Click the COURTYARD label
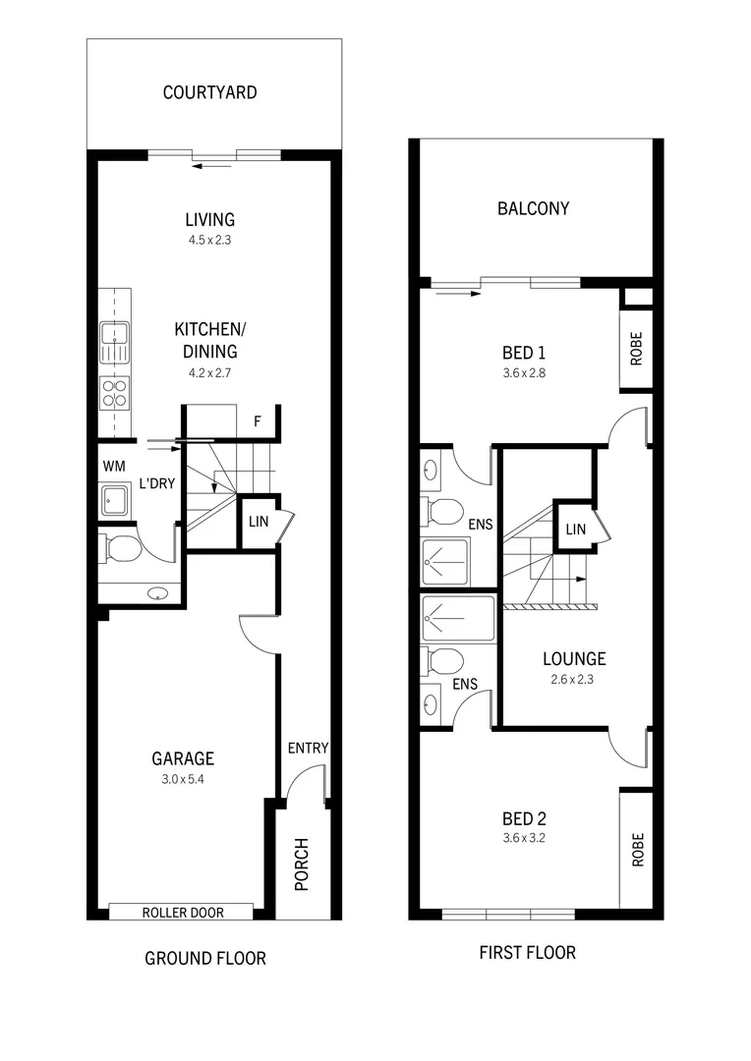coord(210,93)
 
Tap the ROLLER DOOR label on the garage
coord(183,913)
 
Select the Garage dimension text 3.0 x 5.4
coord(183,779)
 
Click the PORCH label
coord(302,864)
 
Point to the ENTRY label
coord(308,749)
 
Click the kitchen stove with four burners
coord(114,393)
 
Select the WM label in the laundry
coord(111,465)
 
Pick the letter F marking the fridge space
coord(258,422)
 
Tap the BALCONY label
coord(533,208)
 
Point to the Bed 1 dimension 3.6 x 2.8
coord(523,373)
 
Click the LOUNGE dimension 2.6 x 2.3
coord(574,679)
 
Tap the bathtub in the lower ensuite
coord(458,620)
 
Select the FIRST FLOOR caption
coord(527,952)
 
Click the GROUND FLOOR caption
coord(205,958)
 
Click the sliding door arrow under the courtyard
coord(212,165)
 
